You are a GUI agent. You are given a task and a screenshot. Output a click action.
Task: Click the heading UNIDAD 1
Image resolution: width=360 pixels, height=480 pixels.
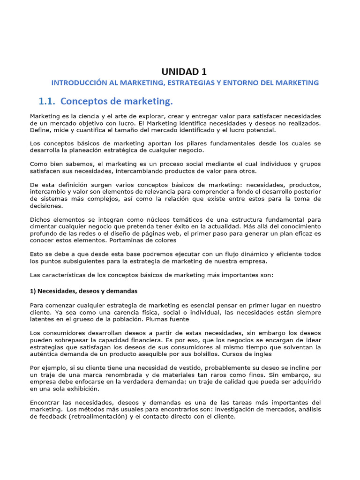(x=184, y=71)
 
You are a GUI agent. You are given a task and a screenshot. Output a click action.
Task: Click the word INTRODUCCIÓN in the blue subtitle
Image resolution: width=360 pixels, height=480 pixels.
(x=79, y=83)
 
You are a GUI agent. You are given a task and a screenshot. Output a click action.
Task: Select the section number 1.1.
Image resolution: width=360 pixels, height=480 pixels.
(x=47, y=101)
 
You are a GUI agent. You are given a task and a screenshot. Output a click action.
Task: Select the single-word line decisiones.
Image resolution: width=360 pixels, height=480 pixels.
(x=46, y=205)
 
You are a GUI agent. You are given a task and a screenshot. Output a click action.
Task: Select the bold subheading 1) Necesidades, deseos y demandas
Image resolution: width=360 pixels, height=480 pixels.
(x=83, y=291)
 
